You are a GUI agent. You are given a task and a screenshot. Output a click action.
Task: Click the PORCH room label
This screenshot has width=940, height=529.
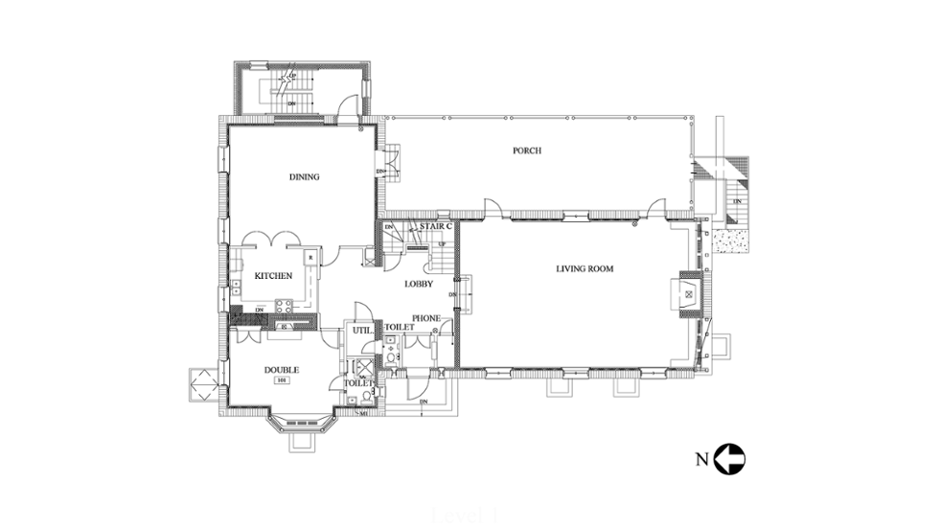[x=527, y=150]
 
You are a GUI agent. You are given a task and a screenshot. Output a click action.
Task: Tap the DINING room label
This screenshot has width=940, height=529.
[x=304, y=176]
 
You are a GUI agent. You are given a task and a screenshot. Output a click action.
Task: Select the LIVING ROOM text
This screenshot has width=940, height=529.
[x=585, y=269]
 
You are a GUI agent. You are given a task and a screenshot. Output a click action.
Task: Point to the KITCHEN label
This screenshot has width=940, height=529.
[x=273, y=277]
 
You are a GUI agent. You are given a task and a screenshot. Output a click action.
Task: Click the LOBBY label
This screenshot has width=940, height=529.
[x=419, y=284]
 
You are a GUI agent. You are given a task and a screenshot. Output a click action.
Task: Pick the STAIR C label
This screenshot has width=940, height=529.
[x=435, y=226]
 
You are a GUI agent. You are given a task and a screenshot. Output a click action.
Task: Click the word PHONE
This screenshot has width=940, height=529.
[x=425, y=318]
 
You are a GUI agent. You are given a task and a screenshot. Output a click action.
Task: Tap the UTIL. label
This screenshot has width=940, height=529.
[x=361, y=330]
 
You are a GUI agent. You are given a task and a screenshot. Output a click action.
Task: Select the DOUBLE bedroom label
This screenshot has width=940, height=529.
[x=282, y=370]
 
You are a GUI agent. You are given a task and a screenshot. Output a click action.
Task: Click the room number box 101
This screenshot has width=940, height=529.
[x=282, y=381]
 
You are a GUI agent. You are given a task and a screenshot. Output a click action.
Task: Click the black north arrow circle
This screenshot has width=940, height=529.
[x=730, y=459]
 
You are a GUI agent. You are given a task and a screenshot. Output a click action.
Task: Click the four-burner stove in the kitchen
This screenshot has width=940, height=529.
[x=284, y=307]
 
